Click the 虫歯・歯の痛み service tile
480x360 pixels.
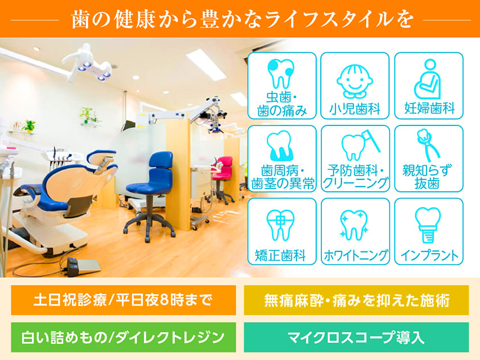[x=281, y=85]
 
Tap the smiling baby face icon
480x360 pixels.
[x=355, y=81]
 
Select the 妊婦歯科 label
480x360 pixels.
[x=429, y=108]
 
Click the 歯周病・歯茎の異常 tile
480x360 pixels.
[x=281, y=159]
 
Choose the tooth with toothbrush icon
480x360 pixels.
[x=360, y=145]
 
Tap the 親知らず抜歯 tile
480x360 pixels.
[x=429, y=159]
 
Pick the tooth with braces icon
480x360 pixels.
[x=280, y=225]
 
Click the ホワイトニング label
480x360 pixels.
[x=356, y=255]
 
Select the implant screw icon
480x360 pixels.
[x=428, y=224]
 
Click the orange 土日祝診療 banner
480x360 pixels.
[x=123, y=300]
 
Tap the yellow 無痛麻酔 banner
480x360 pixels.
[x=356, y=300]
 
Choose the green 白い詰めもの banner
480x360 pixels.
[x=123, y=337]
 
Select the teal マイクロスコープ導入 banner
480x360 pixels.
[x=356, y=337]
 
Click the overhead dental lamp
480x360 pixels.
[x=87, y=64]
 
